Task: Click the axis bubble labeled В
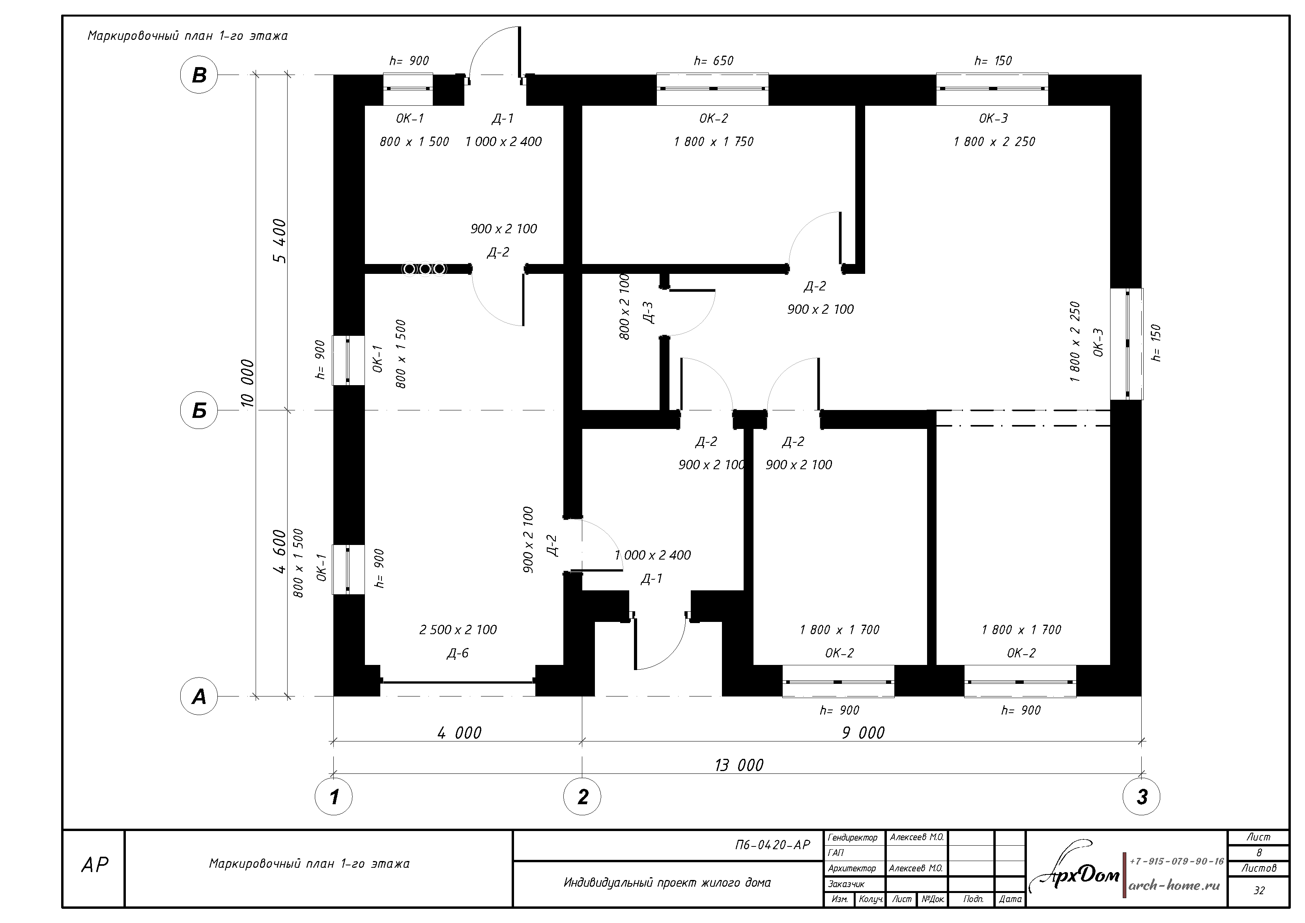[199, 75]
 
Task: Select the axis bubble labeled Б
[199, 410]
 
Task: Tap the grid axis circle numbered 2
[582, 796]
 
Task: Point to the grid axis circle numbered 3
[1141, 796]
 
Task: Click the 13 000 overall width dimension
[739, 765]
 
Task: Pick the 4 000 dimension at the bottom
[459, 732]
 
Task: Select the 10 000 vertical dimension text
[247, 383]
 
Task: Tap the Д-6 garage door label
[458, 653]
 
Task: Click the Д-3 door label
[648, 312]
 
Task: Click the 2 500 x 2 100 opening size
[458, 629]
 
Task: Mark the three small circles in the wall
[424, 268]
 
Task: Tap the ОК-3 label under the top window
[993, 118]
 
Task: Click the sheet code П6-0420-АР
[772, 845]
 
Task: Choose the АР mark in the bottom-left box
[94, 865]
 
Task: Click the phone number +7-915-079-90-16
[1176, 861]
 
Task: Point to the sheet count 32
[1259, 891]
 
